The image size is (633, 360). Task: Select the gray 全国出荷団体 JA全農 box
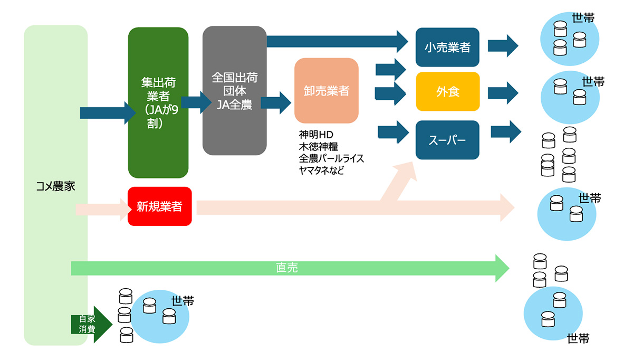click(x=234, y=91)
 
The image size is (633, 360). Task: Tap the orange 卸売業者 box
click(x=326, y=91)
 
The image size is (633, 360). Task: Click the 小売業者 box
click(x=447, y=48)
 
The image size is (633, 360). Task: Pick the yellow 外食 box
click(x=447, y=92)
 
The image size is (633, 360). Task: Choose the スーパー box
click(x=447, y=140)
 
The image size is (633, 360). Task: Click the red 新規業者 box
click(x=159, y=206)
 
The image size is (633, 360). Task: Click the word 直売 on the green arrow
click(x=287, y=268)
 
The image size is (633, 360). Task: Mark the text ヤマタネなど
click(x=321, y=170)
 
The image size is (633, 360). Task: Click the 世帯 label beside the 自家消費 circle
click(x=183, y=301)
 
